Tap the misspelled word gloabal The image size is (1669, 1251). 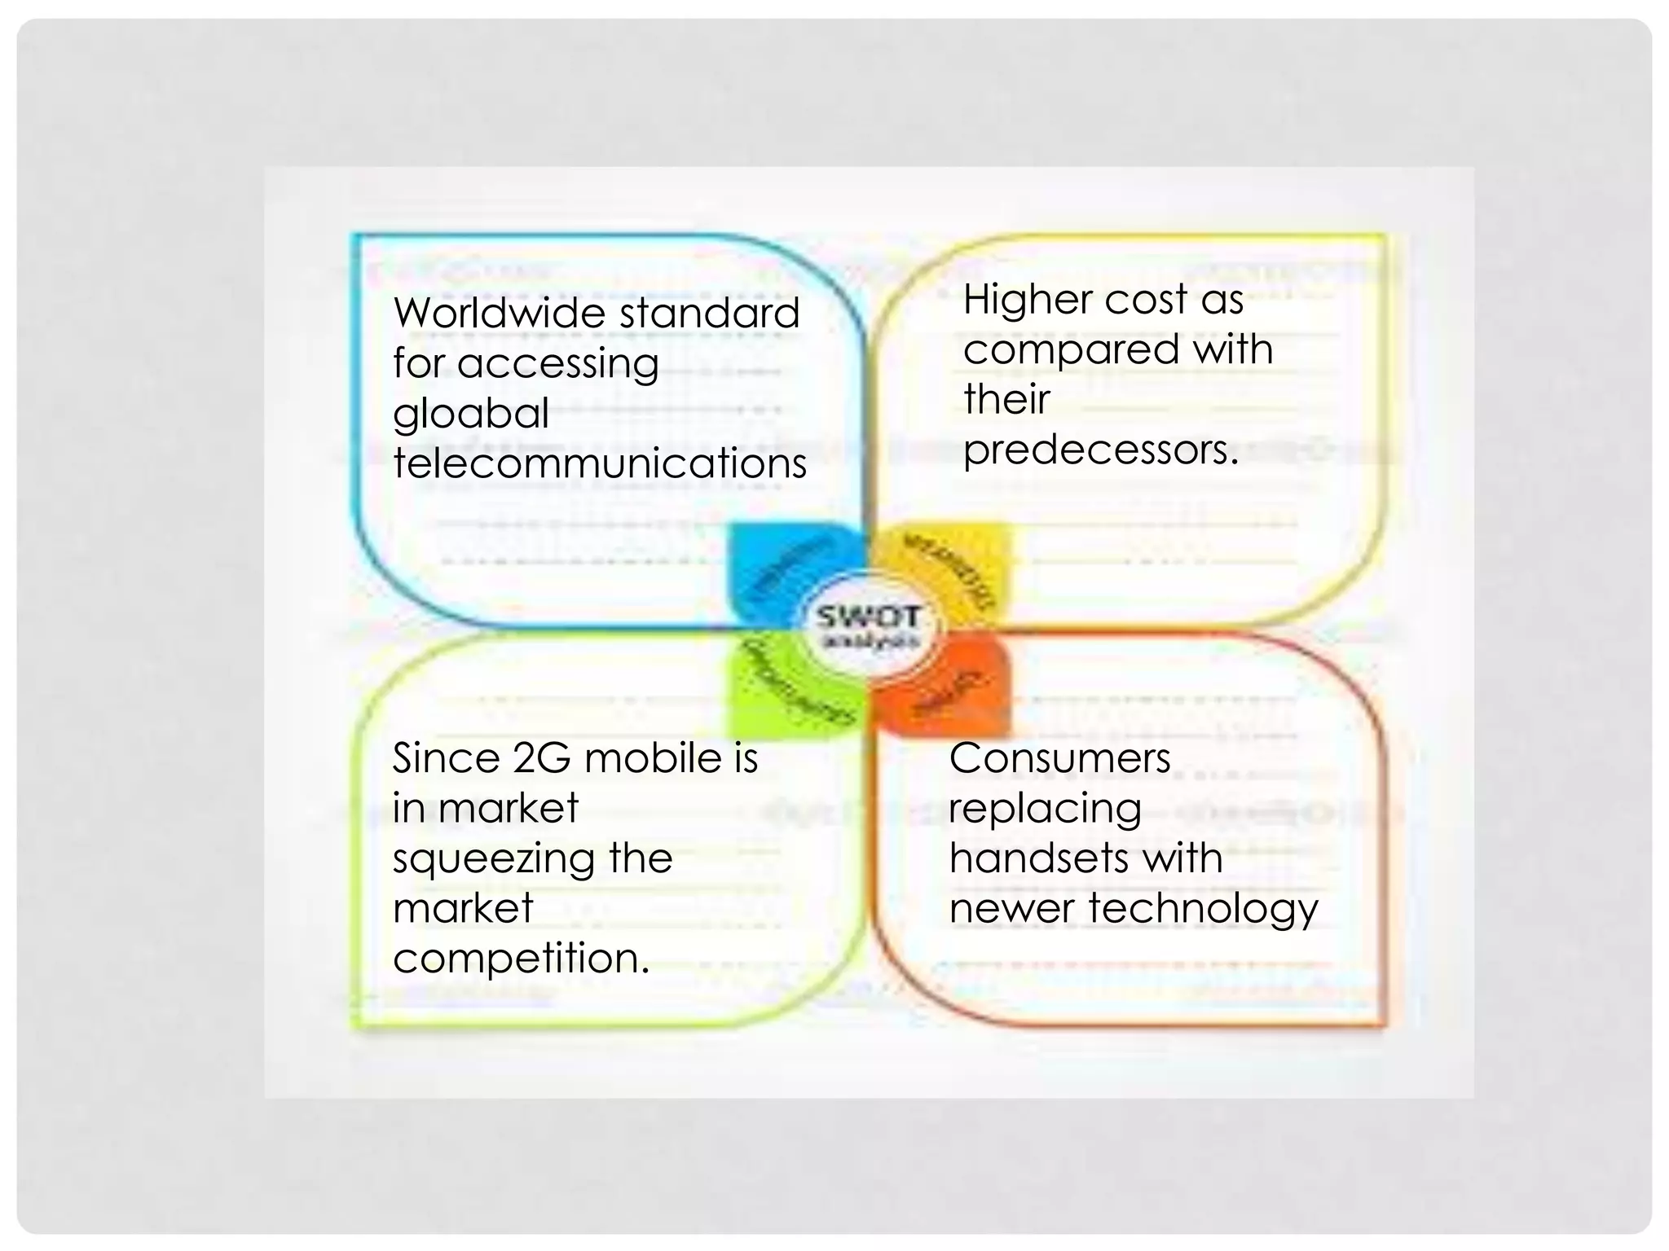click(471, 414)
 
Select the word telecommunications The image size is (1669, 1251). click(600, 463)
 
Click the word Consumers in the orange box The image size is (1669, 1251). click(1059, 758)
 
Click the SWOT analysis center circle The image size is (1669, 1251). click(869, 628)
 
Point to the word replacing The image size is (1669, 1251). click(1045, 809)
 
